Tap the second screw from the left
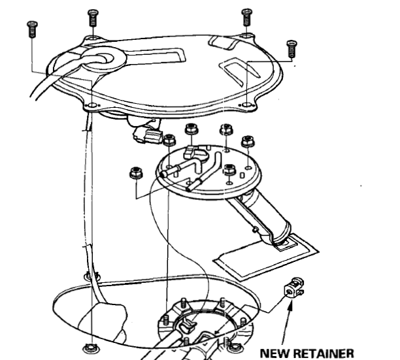point(93,17)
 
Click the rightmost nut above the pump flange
point(248,142)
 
